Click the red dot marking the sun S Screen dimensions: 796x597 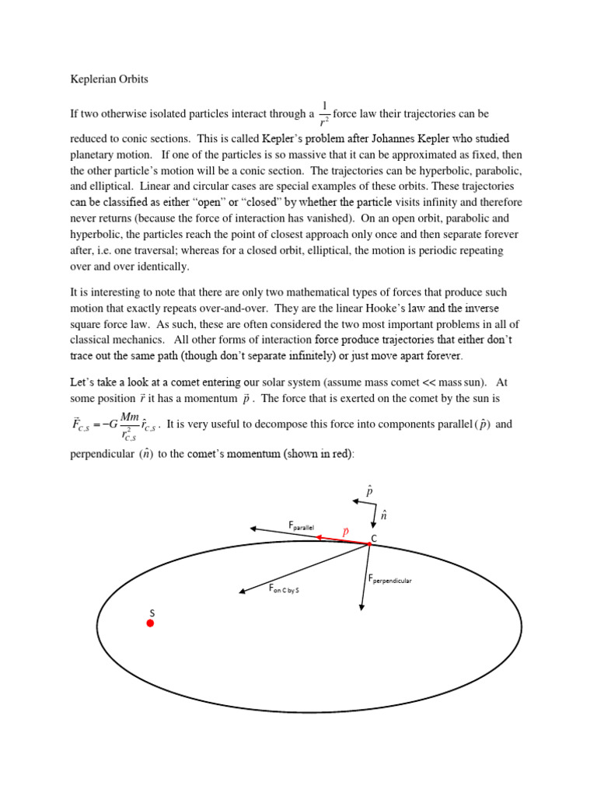click(151, 623)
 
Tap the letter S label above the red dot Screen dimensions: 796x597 click(152, 613)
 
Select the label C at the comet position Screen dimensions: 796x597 click(374, 539)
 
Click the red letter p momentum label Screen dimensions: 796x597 click(346, 531)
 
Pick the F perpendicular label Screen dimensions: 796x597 click(389, 580)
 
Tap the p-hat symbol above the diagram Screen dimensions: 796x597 click(369, 491)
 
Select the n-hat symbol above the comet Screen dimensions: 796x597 click(383, 515)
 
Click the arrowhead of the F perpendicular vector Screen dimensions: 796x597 click(361, 608)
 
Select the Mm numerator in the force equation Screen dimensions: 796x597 click(129, 417)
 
